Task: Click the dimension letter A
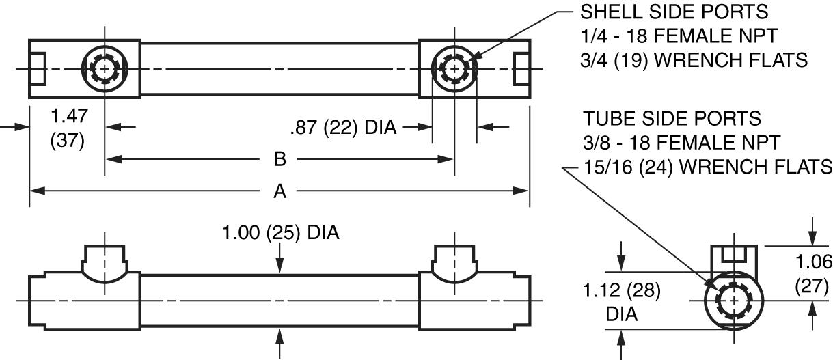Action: (x=279, y=192)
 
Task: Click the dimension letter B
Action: (x=279, y=160)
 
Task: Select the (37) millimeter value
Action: (x=68, y=141)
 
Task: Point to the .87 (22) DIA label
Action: (x=343, y=127)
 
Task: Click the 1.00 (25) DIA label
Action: (x=281, y=233)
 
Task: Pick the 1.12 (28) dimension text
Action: (x=621, y=291)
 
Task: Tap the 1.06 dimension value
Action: (x=815, y=262)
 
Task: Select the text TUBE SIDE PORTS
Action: (x=672, y=118)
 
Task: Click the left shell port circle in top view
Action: (x=105, y=69)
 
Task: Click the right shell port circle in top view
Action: (x=454, y=69)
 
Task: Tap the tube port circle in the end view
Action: (x=734, y=301)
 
